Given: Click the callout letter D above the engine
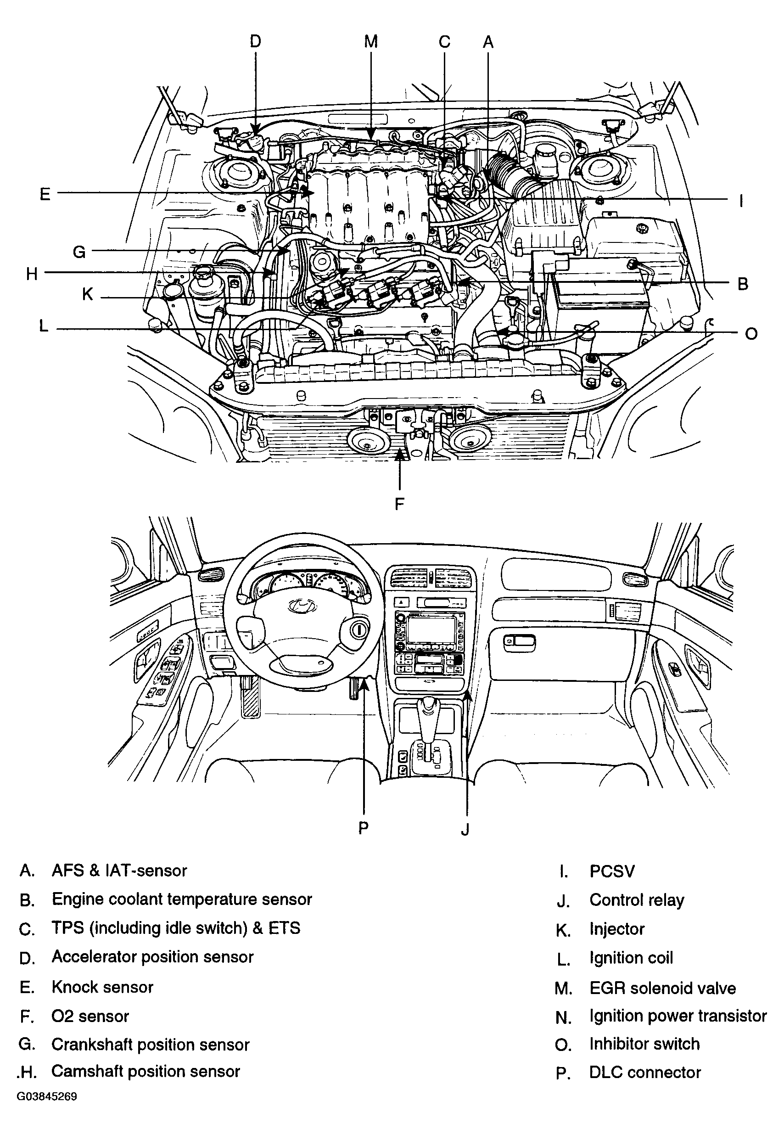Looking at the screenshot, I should [x=255, y=41].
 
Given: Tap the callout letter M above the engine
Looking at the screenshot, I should [x=371, y=41].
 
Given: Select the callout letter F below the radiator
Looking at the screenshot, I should [x=400, y=504].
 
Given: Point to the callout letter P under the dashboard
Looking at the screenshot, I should [x=363, y=828].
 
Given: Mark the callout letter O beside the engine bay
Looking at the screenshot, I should [x=751, y=334].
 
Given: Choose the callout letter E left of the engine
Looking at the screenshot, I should [x=45, y=194].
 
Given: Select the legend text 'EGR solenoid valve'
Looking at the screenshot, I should [x=662, y=988].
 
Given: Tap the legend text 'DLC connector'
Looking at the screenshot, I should [x=645, y=1072].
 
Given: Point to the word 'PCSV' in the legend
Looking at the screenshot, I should [x=612, y=871].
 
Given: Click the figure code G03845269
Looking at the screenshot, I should [x=47, y=1097].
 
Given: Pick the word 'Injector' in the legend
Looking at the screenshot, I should [x=617, y=929].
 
